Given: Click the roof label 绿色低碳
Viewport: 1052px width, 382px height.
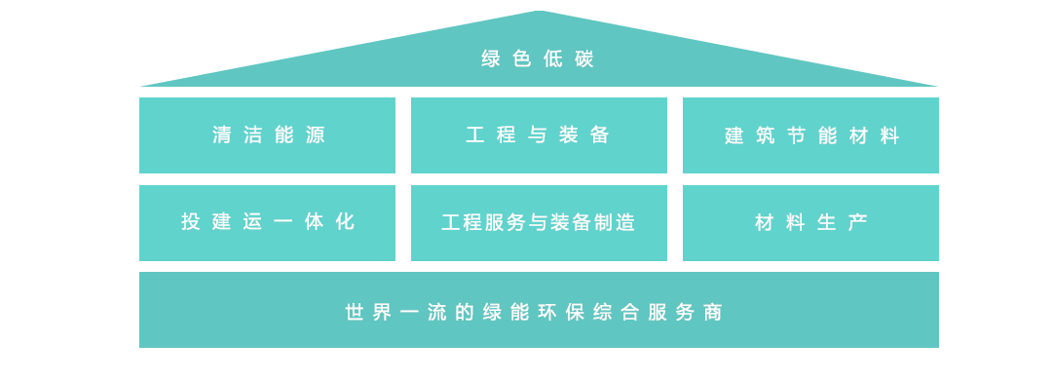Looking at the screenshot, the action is (x=538, y=59).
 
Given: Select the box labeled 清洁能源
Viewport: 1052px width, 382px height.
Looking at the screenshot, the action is (x=267, y=134).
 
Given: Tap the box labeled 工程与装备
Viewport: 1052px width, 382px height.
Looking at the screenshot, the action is (x=539, y=134).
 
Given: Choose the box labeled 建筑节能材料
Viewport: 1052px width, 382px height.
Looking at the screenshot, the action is (x=810, y=134).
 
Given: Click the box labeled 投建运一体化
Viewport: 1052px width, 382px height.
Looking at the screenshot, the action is (x=267, y=223).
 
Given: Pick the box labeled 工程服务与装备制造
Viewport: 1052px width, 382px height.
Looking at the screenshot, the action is (x=539, y=223).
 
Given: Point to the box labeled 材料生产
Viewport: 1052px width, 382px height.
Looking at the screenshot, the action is (x=810, y=223).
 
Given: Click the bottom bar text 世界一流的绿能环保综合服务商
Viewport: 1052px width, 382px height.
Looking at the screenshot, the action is (x=534, y=312).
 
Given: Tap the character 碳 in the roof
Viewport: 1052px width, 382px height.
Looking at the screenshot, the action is (x=584, y=59).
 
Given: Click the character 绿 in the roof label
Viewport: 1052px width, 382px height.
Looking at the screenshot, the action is (x=491, y=59).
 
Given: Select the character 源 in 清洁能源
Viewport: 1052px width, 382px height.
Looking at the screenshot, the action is (x=316, y=134).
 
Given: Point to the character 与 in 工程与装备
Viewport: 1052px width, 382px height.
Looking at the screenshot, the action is (x=538, y=134).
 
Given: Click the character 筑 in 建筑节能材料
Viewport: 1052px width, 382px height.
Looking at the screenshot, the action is (x=765, y=135).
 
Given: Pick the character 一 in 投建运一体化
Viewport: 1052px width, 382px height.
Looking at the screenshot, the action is (x=283, y=221).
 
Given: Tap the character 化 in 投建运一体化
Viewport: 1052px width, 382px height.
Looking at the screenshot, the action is (x=345, y=221).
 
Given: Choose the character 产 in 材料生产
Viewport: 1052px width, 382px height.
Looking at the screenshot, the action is (x=858, y=222).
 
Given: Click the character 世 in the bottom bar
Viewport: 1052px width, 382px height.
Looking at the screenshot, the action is (x=355, y=312).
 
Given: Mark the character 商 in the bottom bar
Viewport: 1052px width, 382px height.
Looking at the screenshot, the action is (x=713, y=312).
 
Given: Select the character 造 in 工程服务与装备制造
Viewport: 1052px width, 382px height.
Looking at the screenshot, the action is (x=625, y=222).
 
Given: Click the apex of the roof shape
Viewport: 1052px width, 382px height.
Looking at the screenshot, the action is (x=539, y=11).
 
